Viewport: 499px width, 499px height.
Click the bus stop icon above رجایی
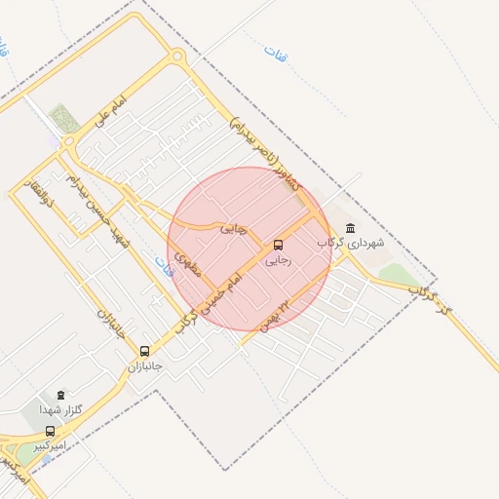coord(279,245)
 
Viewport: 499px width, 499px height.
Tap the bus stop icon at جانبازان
coord(145,351)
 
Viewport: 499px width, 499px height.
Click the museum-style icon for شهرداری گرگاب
coord(351,227)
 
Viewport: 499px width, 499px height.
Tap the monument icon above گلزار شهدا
coord(63,395)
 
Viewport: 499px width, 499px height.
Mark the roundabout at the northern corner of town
coord(177,57)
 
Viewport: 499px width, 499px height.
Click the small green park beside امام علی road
coord(64,117)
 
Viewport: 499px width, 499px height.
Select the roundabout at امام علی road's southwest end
coord(68,142)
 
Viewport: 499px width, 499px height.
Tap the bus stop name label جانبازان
coord(144,366)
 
